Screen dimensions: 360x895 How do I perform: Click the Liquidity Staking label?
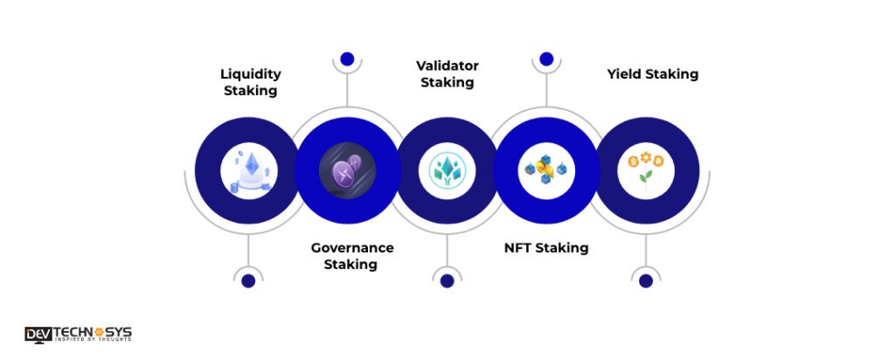[250, 82]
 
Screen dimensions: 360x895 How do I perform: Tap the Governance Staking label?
[352, 256]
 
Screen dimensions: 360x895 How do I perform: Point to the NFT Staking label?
[546, 248]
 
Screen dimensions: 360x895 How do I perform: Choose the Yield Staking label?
[653, 74]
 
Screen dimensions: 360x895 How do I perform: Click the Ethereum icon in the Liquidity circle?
[248, 170]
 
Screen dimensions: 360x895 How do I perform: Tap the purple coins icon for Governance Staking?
[347, 170]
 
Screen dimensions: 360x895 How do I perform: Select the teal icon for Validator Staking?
[447, 170]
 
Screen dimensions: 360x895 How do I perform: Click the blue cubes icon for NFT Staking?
[546, 170]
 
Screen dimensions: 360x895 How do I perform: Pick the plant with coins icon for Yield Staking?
[646, 170]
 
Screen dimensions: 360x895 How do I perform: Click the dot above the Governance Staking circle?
[347, 59]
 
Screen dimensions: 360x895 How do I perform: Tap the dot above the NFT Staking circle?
[546, 59]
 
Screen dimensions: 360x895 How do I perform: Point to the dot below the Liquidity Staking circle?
[248, 280]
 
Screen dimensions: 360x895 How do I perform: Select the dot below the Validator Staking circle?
[447, 280]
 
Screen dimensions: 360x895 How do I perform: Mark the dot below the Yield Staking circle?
[646, 280]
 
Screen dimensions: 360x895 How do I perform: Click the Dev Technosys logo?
[79, 334]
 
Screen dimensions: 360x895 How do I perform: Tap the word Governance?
[352, 248]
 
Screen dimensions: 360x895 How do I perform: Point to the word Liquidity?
[250, 74]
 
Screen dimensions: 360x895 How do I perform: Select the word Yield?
[624, 74]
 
